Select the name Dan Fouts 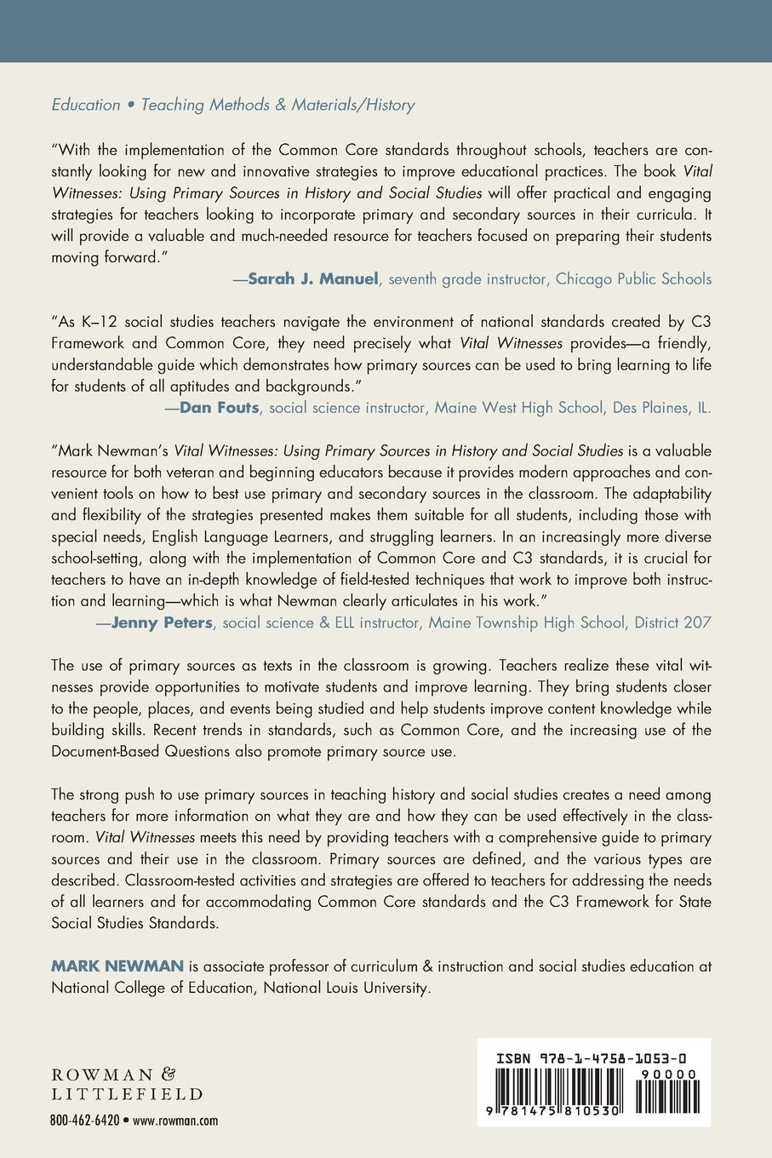pos(220,407)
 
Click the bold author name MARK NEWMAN pos(117,966)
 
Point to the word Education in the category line pos(86,106)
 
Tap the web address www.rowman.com pos(176,1121)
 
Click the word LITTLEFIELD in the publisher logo pos(127,1093)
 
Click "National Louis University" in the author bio pos(347,989)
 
